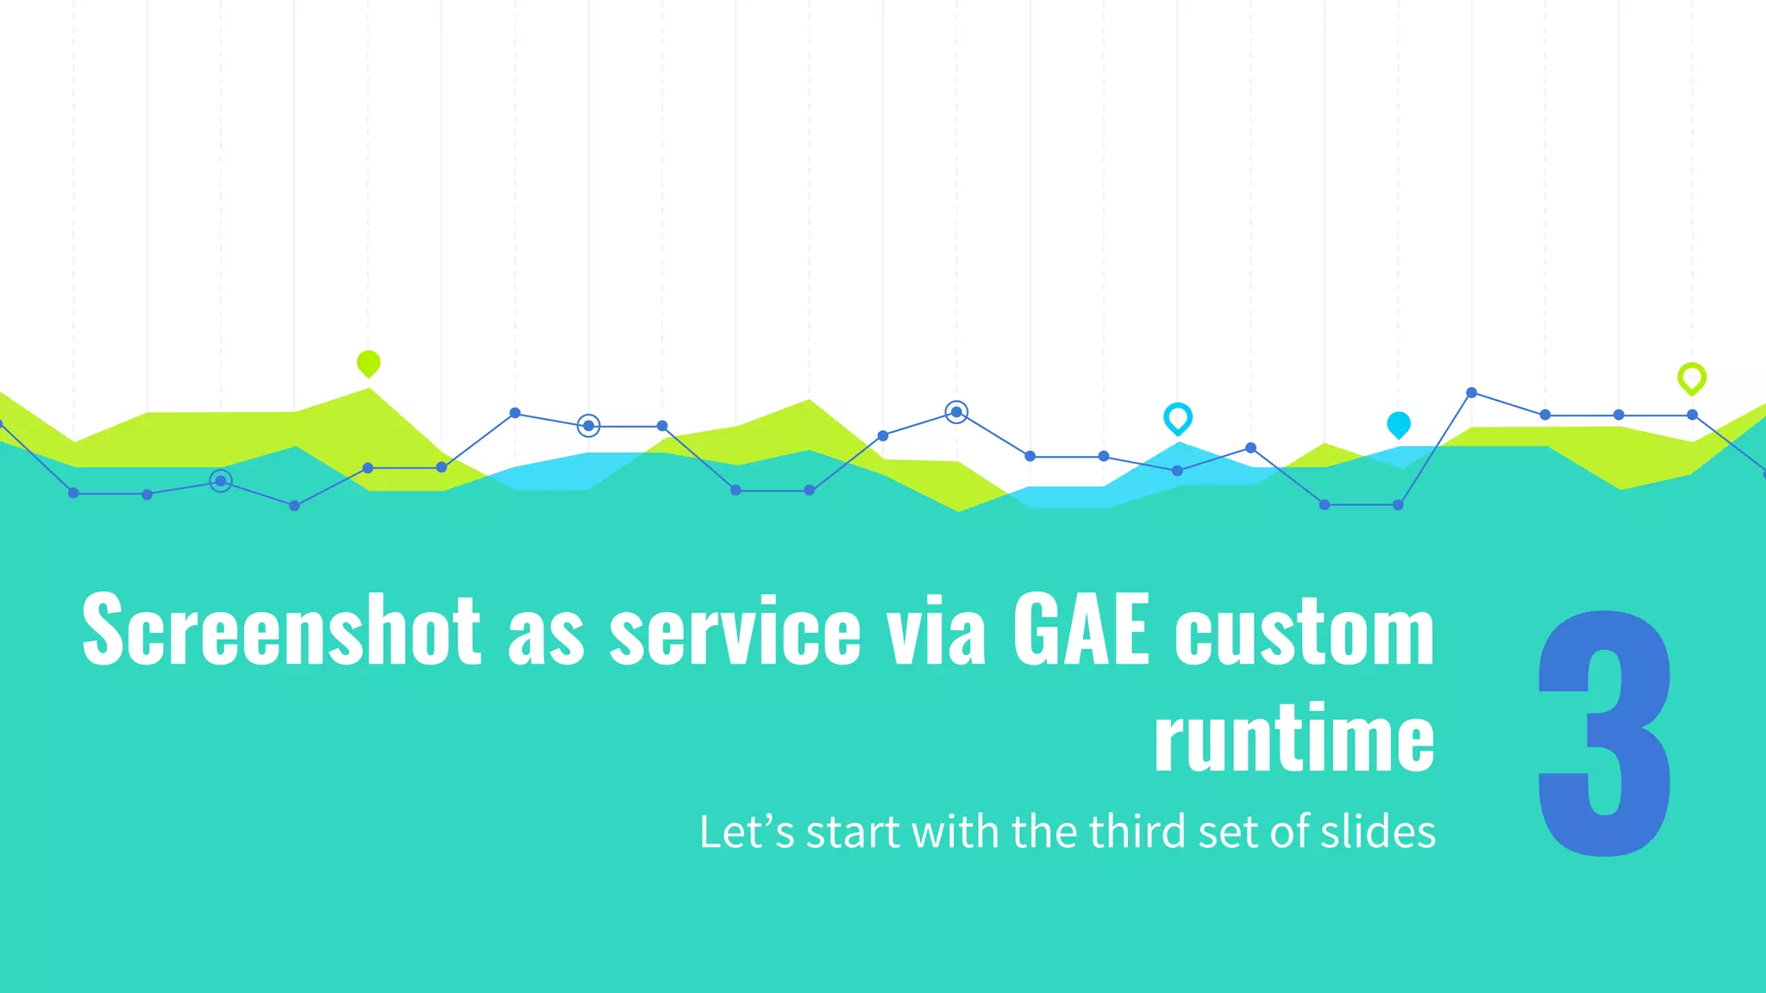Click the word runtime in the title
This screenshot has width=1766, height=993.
[1293, 738]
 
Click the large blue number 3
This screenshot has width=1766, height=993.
[1604, 734]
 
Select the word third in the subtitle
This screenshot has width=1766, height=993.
[1138, 833]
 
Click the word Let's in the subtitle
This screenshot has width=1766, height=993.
[746, 833]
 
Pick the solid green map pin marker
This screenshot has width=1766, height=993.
[368, 363]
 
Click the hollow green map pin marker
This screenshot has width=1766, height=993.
[1691, 378]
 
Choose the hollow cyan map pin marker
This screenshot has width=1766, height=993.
[1177, 418]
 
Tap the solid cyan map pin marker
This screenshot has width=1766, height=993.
[1398, 424]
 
